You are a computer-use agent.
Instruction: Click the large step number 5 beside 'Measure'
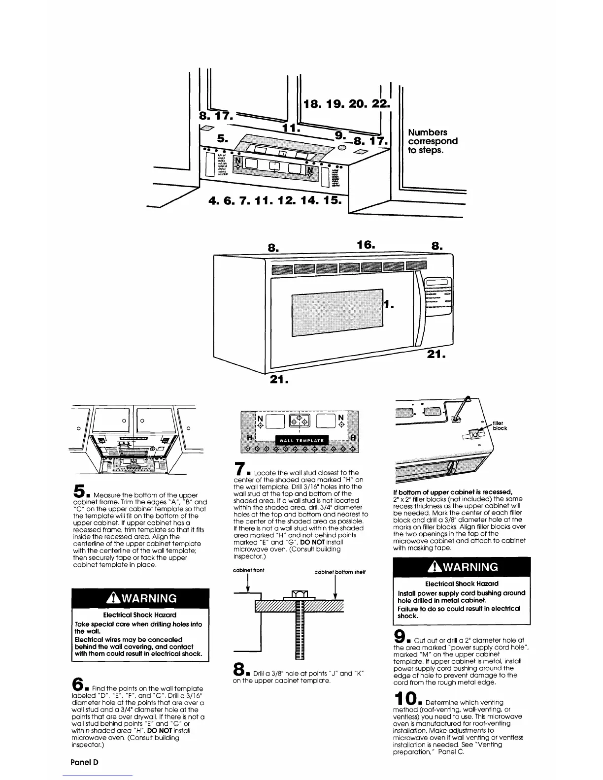[79, 490]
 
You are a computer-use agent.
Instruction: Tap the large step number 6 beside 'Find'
[79, 684]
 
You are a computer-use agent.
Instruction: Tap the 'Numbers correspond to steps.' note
[433, 141]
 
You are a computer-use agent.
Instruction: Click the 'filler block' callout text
[500, 424]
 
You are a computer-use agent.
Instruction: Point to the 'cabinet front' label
[248, 570]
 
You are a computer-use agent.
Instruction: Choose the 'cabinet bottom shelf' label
[339, 572]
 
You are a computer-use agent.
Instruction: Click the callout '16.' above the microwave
[366, 245]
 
